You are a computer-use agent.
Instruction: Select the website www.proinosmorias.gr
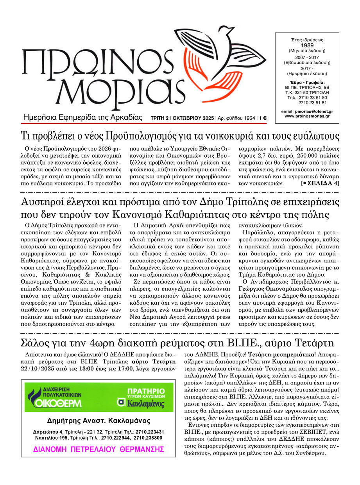point(307,116)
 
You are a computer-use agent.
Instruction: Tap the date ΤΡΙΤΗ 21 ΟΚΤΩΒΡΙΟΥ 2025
point(182,118)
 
